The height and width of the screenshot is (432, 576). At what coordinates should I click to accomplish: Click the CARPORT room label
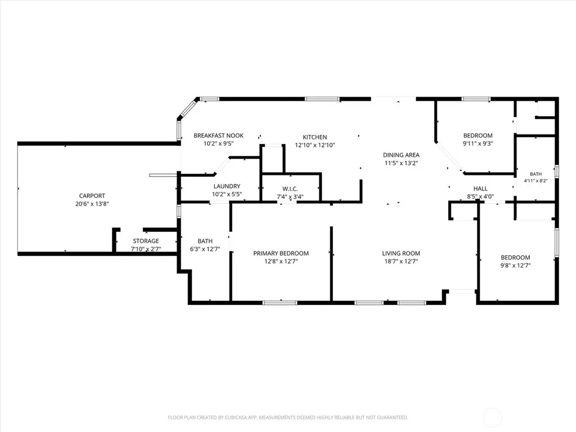(x=92, y=196)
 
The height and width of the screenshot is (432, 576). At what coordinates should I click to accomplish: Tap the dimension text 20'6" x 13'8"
(x=92, y=204)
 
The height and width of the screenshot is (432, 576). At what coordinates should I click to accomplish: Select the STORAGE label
(x=146, y=241)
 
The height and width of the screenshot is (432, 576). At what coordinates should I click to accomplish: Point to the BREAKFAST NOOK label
(x=219, y=136)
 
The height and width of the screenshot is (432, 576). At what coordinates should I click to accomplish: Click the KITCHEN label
(x=315, y=137)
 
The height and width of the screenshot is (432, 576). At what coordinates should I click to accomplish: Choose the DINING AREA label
(x=401, y=155)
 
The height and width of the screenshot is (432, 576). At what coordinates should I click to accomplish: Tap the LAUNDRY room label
(x=227, y=186)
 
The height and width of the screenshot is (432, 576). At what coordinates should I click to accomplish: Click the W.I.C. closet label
(x=290, y=189)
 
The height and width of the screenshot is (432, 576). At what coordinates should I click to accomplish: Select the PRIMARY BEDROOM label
(x=281, y=253)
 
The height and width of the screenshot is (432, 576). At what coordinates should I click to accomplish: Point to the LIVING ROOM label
(x=401, y=253)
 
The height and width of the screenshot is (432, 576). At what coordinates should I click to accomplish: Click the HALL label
(x=480, y=188)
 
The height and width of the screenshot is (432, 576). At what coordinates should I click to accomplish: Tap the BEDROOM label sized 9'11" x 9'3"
(x=478, y=136)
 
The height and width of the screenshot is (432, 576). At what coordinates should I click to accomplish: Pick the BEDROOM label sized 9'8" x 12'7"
(x=515, y=258)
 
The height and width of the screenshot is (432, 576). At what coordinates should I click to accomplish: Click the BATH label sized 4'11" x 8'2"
(x=535, y=174)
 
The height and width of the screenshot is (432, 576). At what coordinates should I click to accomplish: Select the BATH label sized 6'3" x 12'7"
(x=205, y=241)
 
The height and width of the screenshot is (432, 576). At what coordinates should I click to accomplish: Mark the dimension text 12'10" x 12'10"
(x=315, y=145)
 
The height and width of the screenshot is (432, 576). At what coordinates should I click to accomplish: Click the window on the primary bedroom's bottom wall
(x=280, y=303)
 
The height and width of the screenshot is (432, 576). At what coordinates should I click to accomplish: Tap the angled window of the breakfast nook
(x=188, y=109)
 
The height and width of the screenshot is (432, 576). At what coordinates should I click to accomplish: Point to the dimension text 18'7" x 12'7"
(x=401, y=262)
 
